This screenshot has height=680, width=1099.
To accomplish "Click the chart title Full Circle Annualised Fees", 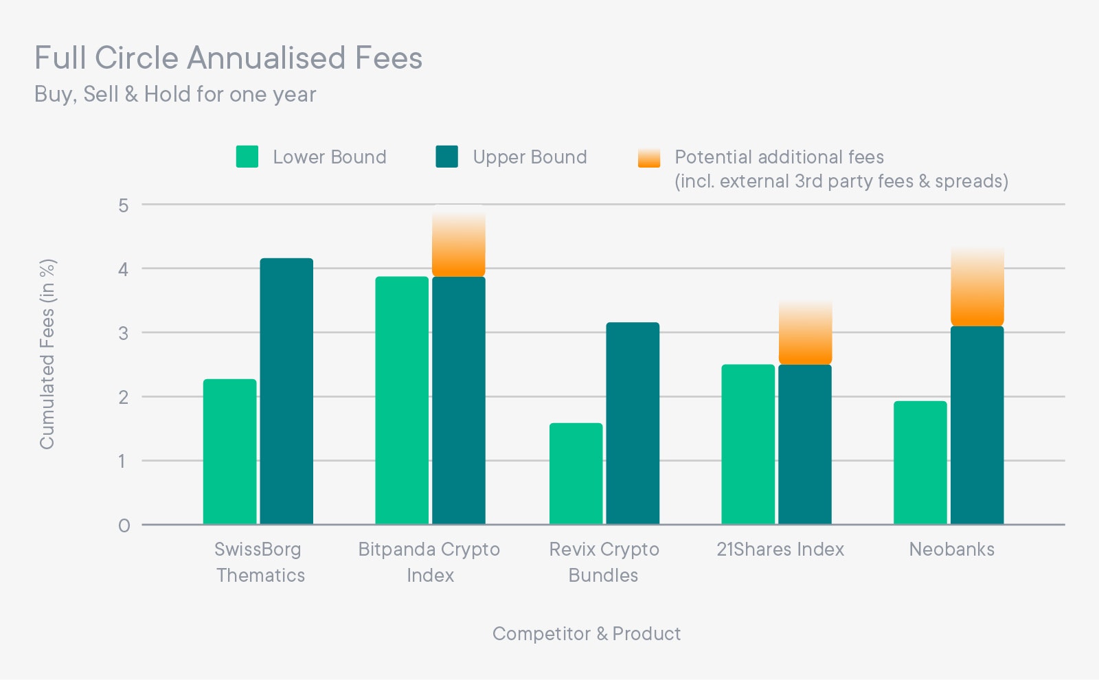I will pyautogui.click(x=228, y=58).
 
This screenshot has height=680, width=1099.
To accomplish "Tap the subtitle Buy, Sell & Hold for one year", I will pyautogui.click(x=175, y=94).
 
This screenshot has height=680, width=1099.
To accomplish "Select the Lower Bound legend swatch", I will pyautogui.click(x=247, y=157).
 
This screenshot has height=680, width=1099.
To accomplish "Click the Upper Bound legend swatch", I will pyautogui.click(x=447, y=157).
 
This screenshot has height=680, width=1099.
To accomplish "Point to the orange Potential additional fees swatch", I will pyautogui.click(x=649, y=157).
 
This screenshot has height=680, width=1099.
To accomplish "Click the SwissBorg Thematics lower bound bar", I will pyautogui.click(x=230, y=452).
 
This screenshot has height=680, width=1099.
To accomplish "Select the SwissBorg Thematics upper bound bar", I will pyautogui.click(x=286, y=392).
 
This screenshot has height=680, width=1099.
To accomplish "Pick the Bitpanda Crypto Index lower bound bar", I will pyautogui.click(x=402, y=400).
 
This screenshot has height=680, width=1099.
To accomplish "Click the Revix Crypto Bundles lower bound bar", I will pyautogui.click(x=576, y=474).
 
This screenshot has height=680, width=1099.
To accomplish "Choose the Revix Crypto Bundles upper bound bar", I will pyautogui.click(x=633, y=423).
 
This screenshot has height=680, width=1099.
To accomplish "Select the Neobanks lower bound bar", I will pyautogui.click(x=920, y=463).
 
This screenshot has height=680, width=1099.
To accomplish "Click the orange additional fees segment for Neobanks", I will pyautogui.click(x=977, y=288).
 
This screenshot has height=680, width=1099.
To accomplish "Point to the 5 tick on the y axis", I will pyautogui.click(x=124, y=205).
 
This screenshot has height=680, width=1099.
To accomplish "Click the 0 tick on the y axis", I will pyautogui.click(x=124, y=525).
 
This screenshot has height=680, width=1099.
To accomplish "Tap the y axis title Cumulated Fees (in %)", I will pyautogui.click(x=47, y=354).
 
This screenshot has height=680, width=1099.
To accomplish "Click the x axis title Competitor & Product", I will pyautogui.click(x=587, y=633).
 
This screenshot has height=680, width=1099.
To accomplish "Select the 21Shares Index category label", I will pyautogui.click(x=780, y=549).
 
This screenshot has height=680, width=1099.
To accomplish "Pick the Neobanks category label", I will pyautogui.click(x=951, y=549).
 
